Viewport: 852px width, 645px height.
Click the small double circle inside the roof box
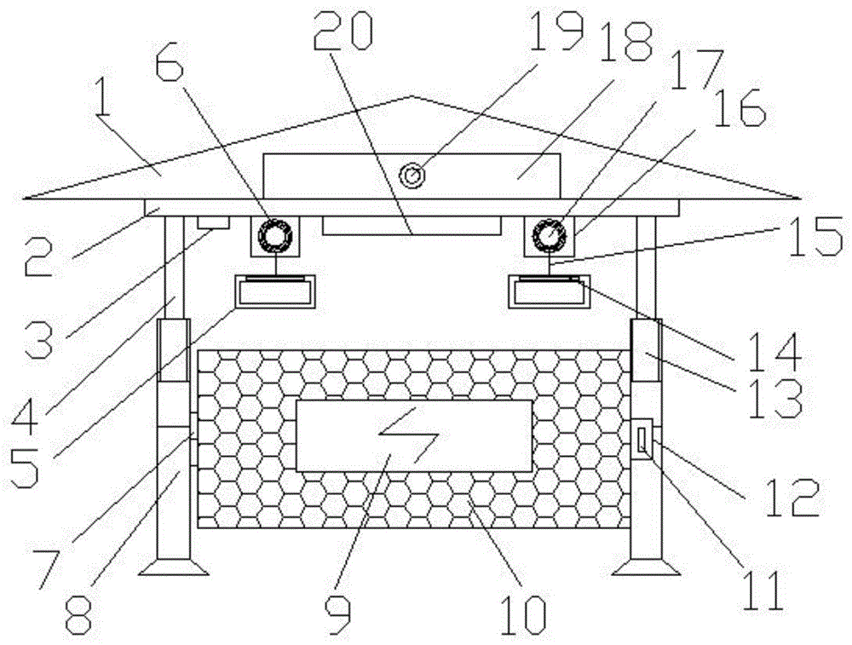(x=414, y=176)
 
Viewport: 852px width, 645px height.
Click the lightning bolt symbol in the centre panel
(x=412, y=437)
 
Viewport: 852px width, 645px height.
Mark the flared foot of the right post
(x=646, y=566)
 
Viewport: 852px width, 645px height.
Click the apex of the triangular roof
(x=412, y=96)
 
